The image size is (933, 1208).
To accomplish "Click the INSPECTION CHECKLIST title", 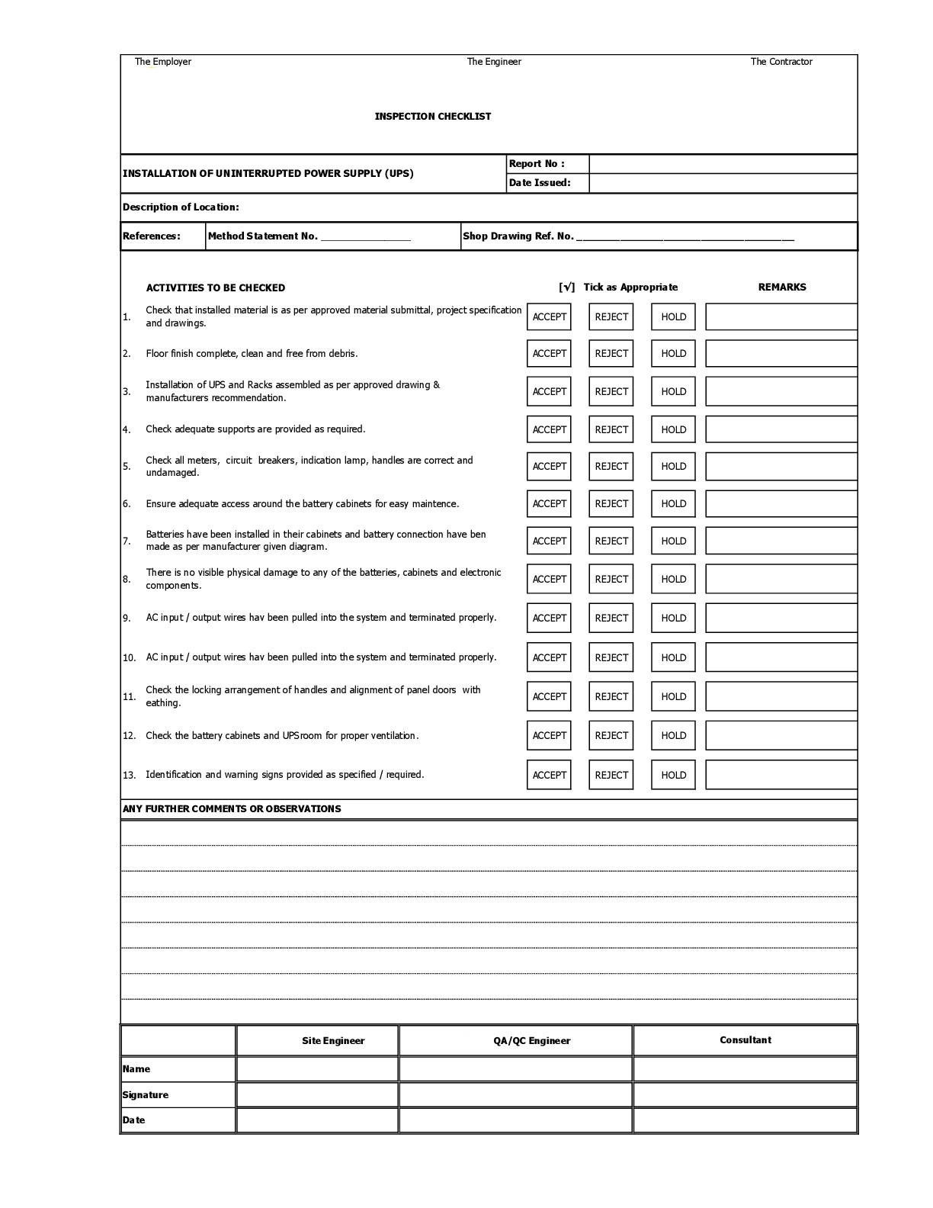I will click(x=432, y=117).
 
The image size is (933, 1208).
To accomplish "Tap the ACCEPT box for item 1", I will click(x=549, y=316).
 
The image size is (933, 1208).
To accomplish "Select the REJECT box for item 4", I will click(x=611, y=429).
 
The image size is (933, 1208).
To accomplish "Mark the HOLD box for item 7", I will click(x=673, y=541).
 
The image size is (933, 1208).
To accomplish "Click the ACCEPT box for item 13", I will click(x=549, y=775).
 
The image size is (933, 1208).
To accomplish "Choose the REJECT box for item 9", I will click(x=611, y=618).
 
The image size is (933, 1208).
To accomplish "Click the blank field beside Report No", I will click(x=723, y=164).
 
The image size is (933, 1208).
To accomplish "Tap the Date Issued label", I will click(x=540, y=183).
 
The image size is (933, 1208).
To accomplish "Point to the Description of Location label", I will click(x=181, y=207).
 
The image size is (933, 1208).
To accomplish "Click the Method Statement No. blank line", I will click(x=366, y=236).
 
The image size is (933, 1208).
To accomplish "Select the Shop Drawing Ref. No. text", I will click(x=518, y=236).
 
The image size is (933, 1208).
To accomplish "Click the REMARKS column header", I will click(x=781, y=288).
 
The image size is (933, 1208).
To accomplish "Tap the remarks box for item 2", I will click(x=781, y=353).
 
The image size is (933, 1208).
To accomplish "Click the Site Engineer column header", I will click(x=333, y=1041).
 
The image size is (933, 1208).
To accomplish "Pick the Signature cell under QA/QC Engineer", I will click(x=515, y=1094).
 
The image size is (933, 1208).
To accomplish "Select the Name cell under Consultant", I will click(x=745, y=1068).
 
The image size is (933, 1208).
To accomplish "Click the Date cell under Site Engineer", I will click(x=317, y=1120).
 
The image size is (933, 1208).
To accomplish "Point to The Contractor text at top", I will click(x=781, y=62).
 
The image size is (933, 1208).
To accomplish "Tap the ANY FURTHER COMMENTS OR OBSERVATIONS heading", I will click(x=232, y=809).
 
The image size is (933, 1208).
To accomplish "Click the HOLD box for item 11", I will click(x=673, y=696).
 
